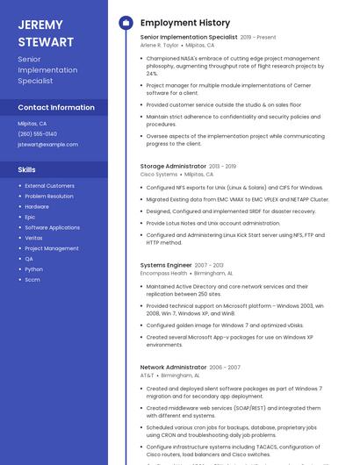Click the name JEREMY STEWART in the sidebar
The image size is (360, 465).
pyautogui.click(x=45, y=33)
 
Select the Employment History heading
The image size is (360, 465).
pyautogui.click(x=184, y=23)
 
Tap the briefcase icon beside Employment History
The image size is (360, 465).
pyautogui.click(x=126, y=23)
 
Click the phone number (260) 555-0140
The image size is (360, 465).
pyautogui.click(x=36, y=134)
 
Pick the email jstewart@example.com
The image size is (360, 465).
pyautogui.click(x=47, y=144)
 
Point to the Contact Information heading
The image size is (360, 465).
pyautogui.click(x=56, y=107)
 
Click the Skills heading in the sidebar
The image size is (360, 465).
pyautogui.click(x=27, y=169)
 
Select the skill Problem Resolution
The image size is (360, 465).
pyautogui.click(x=49, y=196)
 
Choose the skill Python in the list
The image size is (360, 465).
pyautogui.click(x=33, y=269)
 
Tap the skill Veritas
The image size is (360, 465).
pyautogui.click(x=33, y=238)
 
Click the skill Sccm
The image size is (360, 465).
pyautogui.click(x=32, y=280)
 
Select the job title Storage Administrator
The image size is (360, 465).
pyautogui.click(x=173, y=166)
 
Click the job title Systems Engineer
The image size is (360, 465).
pyautogui.click(x=166, y=265)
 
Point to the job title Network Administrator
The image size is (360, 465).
pyautogui.click(x=173, y=367)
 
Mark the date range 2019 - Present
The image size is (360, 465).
pyautogui.click(x=258, y=37)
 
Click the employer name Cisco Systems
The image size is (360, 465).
pyautogui.click(x=159, y=175)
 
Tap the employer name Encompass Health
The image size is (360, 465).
pyautogui.click(x=163, y=273)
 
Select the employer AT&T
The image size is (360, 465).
pyautogui.click(x=147, y=375)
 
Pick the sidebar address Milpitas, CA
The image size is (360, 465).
pyautogui.click(x=32, y=124)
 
